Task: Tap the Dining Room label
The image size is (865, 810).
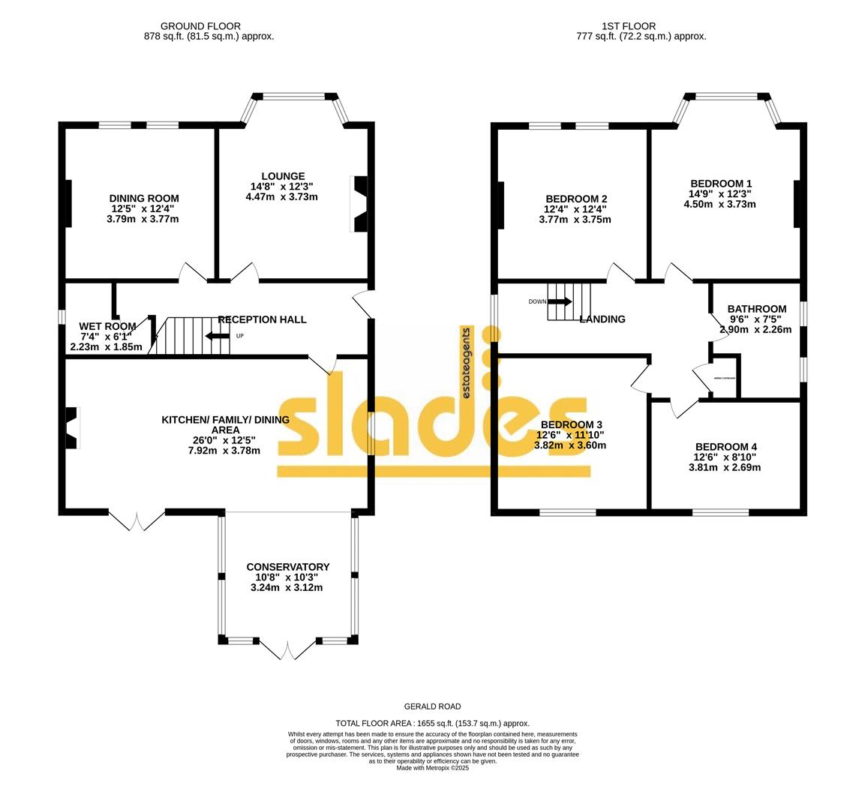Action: click(144, 199)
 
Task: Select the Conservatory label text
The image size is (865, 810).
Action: click(288, 567)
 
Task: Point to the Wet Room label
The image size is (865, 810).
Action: click(107, 326)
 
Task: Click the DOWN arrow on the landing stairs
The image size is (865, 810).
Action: click(559, 301)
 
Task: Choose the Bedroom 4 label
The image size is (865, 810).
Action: click(725, 447)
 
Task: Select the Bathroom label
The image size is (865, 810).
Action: click(757, 309)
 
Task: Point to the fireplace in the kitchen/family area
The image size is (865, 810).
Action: click(72, 427)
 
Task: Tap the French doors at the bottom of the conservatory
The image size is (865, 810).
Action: click(288, 646)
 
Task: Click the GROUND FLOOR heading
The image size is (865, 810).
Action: click(209, 25)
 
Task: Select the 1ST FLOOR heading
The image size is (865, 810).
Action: click(639, 25)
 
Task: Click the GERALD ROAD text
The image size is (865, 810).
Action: click(432, 706)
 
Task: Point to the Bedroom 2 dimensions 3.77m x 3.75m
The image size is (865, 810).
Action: click(575, 220)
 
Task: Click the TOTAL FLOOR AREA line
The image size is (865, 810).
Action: click(432, 722)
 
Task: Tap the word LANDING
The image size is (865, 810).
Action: click(602, 319)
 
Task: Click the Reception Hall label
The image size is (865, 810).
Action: click(263, 319)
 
